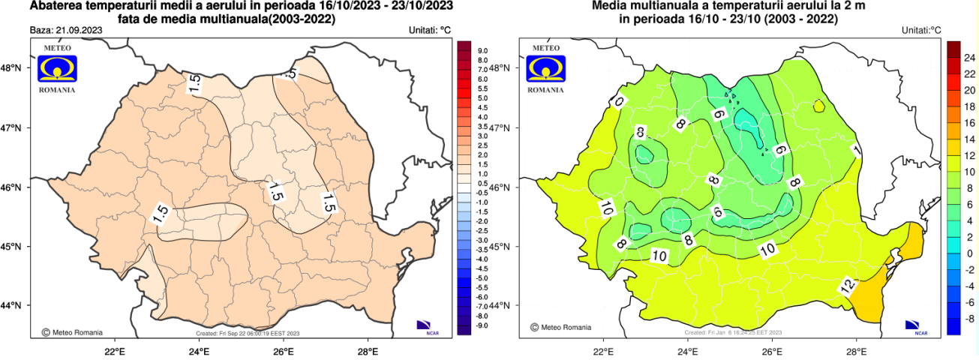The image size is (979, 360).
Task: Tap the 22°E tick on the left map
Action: (x=114, y=349)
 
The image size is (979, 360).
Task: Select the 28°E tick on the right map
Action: (x=857, y=349)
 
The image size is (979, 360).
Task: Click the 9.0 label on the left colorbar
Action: (x=483, y=51)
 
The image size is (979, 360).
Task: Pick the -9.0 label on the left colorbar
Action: (x=482, y=325)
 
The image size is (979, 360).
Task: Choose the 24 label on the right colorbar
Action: (x=969, y=57)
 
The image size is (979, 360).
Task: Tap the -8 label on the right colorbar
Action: (x=969, y=319)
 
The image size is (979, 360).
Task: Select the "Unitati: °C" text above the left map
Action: (x=429, y=31)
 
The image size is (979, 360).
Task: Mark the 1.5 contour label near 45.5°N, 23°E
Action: (x=160, y=214)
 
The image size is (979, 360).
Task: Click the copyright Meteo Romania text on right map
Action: (x=560, y=327)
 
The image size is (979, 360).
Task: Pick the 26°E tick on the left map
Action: (x=283, y=349)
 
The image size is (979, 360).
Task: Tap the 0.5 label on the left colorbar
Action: (x=483, y=183)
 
